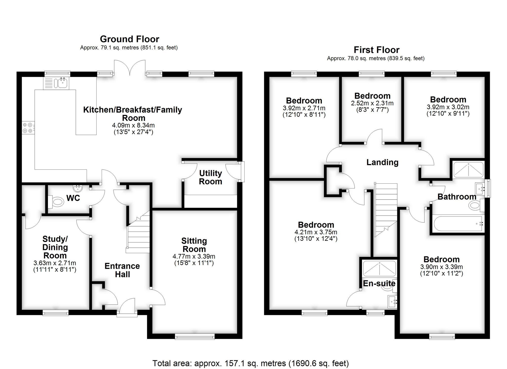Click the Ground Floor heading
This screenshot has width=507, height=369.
pyautogui.click(x=130, y=39)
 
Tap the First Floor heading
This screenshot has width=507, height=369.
pyautogui.click(x=376, y=50)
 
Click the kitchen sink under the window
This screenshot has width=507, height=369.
pyautogui.click(x=62, y=83)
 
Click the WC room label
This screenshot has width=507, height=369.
pyautogui.click(x=73, y=198)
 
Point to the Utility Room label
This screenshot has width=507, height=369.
pyautogui.click(x=210, y=177)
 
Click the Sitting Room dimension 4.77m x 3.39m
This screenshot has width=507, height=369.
pyautogui.click(x=194, y=256)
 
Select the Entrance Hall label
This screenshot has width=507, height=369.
pyautogui.click(x=122, y=270)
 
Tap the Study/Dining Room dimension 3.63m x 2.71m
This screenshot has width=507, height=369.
pyautogui.click(x=55, y=263)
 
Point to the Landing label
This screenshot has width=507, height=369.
pyautogui.click(x=382, y=162)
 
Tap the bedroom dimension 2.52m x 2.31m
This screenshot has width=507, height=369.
pyautogui.click(x=372, y=103)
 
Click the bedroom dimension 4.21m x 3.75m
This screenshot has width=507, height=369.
pyautogui.click(x=316, y=232)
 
